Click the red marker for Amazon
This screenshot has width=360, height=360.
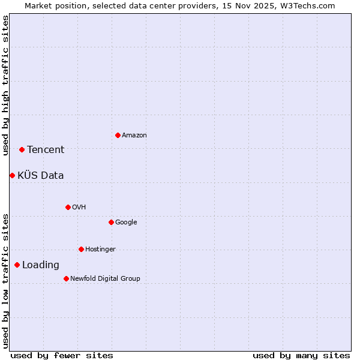pos(118,135)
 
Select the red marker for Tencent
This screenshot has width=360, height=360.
pos(22,149)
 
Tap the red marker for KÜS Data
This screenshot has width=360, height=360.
pos(12,175)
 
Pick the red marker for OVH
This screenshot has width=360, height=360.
pos(68,207)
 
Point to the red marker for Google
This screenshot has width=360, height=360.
pos(111,222)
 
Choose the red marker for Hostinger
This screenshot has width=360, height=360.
pos(81,249)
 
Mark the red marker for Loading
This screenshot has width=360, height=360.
pos(17,265)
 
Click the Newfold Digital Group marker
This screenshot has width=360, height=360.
pos(66,278)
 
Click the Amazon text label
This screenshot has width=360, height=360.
pos(134,136)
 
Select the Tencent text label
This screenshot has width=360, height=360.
pos(46,150)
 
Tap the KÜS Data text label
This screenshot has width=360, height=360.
pos(41,176)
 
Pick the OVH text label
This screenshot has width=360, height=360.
pos(79,208)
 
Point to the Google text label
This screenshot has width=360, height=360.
pos(126,223)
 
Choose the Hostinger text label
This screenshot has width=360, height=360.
pos(100,250)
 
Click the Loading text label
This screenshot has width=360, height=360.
pos(41,265)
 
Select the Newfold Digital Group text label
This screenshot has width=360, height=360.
pos(105,279)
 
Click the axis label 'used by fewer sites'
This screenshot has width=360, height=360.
pos(62,355)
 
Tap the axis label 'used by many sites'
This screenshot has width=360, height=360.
pos(301,355)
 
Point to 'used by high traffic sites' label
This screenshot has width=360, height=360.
pos(5,85)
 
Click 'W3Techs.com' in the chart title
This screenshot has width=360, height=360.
pos(309,5)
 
